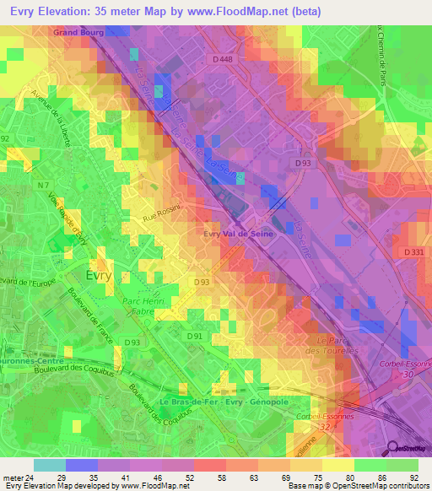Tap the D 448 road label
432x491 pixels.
pyautogui.click(x=222, y=59)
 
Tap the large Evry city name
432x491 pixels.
pyautogui.click(x=104, y=275)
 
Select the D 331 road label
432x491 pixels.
pyautogui.click(x=413, y=252)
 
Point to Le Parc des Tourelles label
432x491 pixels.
pyautogui.click(x=332, y=345)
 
